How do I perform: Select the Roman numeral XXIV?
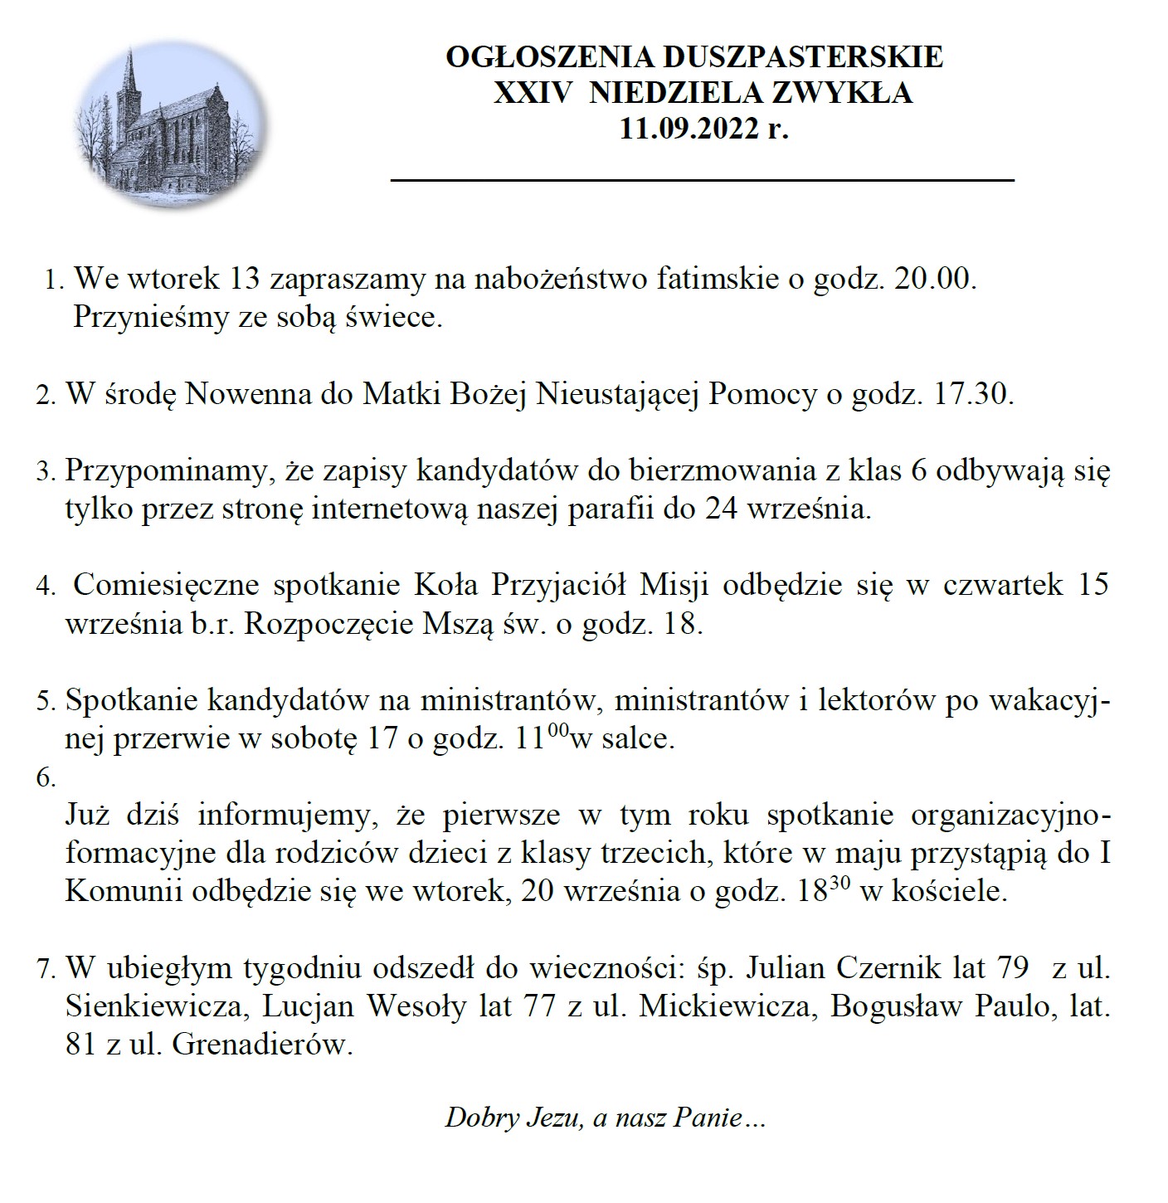(x=533, y=93)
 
